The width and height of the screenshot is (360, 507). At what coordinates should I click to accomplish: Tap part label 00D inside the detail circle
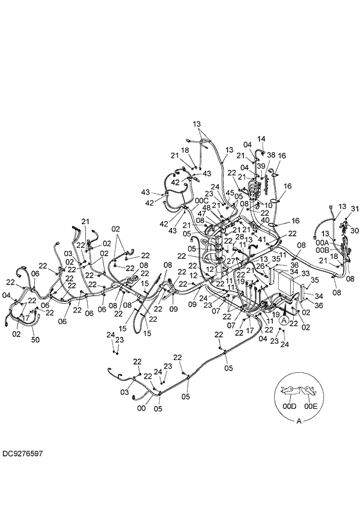tap(289, 407)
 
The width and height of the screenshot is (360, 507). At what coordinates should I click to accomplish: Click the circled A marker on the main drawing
tap(284, 319)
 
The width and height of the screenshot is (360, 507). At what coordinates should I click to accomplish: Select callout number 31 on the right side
tap(355, 209)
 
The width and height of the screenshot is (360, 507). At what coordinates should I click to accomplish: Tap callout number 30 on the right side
tap(355, 231)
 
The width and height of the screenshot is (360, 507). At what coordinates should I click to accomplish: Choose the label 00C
tap(201, 200)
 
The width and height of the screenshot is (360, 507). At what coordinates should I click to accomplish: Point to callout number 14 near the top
tap(261, 139)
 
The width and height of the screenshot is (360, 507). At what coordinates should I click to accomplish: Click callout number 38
tap(271, 155)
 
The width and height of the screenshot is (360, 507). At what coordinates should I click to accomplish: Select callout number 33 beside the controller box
tap(305, 273)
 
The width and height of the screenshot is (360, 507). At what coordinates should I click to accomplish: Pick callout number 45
tap(230, 193)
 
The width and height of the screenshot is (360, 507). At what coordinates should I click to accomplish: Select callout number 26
tap(260, 266)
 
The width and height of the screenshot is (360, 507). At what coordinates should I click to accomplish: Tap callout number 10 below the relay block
tap(268, 205)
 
